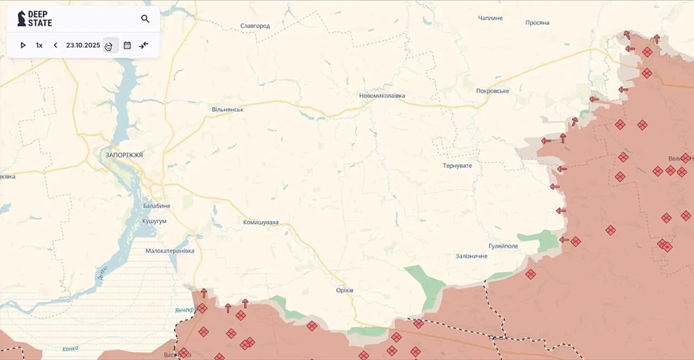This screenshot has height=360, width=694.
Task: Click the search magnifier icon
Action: click(145, 19)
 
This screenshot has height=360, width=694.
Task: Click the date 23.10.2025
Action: click(83, 46)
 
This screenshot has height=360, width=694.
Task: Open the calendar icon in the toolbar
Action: click(127, 46)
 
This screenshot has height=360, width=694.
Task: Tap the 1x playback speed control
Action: click(39, 46)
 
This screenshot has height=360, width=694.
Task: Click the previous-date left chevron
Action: click(55, 46)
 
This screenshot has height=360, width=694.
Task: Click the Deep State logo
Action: click(35, 19)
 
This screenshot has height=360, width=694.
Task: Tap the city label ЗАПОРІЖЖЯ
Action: click(124, 155)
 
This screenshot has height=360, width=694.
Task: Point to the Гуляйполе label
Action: click(503, 246)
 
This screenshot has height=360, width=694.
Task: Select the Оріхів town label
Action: click(344, 291)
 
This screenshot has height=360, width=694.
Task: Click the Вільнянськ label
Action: click(228, 110)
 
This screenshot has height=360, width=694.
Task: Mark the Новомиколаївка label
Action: click(382, 96)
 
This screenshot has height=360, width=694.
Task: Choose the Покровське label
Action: click(492, 91)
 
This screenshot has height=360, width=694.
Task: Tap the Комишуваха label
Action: click(261, 222)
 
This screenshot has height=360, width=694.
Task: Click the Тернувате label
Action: click(457, 166)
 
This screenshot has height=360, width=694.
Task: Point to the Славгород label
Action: click(255, 26)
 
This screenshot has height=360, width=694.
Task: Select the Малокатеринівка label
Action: click(170, 251)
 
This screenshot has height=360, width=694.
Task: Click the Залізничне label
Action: click(471, 256)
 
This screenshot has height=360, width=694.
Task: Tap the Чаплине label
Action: click(490, 18)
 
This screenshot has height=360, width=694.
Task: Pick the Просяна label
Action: click(537, 23)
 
